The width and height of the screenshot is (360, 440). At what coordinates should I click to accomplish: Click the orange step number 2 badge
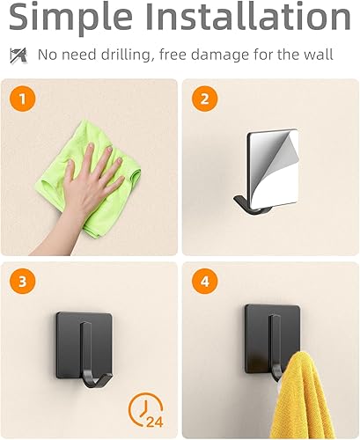(x=205, y=99)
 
